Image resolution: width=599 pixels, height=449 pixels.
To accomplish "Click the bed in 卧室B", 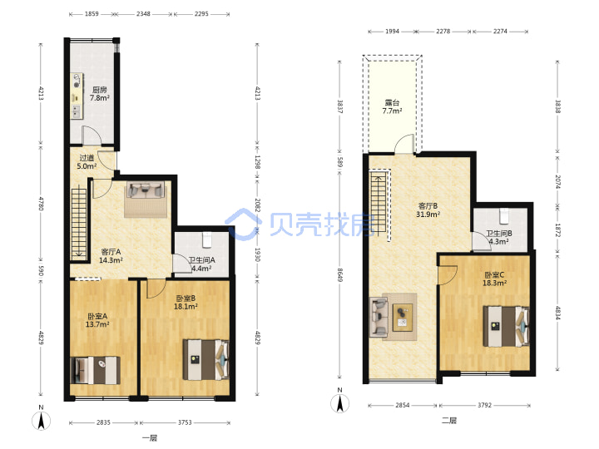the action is click(206, 360).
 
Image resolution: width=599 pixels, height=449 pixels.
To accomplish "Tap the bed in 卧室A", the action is click(96, 370).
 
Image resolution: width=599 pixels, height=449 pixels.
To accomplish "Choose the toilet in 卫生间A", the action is click(207, 239).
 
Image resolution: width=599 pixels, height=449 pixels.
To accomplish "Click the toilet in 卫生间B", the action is click(504, 216).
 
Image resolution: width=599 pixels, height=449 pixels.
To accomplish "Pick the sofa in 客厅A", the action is click(146, 190).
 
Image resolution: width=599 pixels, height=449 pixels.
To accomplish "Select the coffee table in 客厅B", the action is click(403, 317).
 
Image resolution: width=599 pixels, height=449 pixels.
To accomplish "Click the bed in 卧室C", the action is click(506, 326).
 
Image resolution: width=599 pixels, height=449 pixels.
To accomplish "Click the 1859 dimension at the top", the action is click(92, 14).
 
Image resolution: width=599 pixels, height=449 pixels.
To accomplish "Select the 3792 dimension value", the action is click(484, 405).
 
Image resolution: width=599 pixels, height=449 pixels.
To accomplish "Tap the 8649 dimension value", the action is click(340, 275).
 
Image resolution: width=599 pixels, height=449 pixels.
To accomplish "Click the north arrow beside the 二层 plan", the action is click(339, 403).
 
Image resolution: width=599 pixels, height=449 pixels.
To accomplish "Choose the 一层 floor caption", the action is click(150, 438).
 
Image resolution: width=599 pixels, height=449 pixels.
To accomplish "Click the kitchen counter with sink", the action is click(77, 96).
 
